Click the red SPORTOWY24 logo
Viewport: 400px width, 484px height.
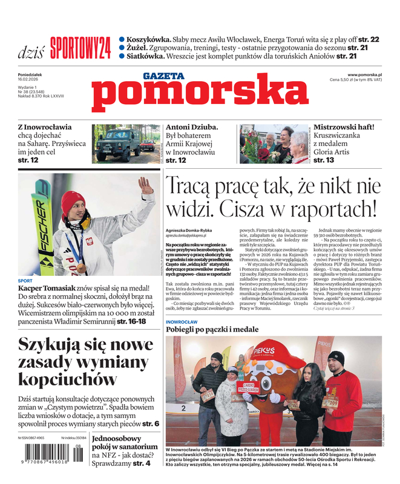[80, 48]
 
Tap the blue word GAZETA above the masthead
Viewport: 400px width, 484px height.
[163, 76]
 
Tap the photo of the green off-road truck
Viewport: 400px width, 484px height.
[126, 144]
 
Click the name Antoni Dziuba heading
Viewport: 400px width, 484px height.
[191, 127]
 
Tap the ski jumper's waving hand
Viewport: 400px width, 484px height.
[144, 185]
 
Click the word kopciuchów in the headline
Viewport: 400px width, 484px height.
[67, 379]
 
